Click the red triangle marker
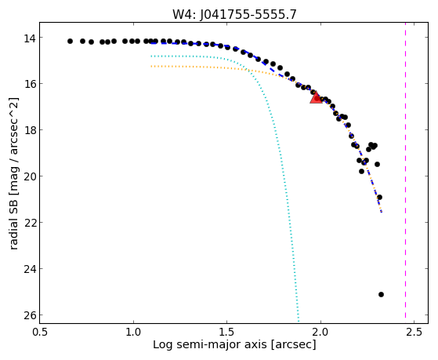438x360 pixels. pyautogui.click(x=317, y=98)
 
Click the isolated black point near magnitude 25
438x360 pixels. pyautogui.click(x=381, y=295)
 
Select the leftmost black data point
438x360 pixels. pyautogui.click(x=70, y=41)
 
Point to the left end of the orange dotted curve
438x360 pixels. pyautogui.click(x=151, y=67)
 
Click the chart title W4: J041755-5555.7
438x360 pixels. pyautogui.click(x=234, y=15)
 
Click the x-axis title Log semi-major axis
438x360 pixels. pyautogui.click(x=234, y=344)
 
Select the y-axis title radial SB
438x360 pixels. pyautogui.click(x=14, y=173)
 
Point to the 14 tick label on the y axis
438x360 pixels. pyautogui.click(x=29, y=38)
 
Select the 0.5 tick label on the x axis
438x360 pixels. pyautogui.click(x=40, y=332)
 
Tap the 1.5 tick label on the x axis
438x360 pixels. pyautogui.click(x=226, y=332)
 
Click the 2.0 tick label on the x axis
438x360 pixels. pyautogui.click(x=320, y=332)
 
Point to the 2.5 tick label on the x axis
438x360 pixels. pyautogui.click(x=414, y=332)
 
